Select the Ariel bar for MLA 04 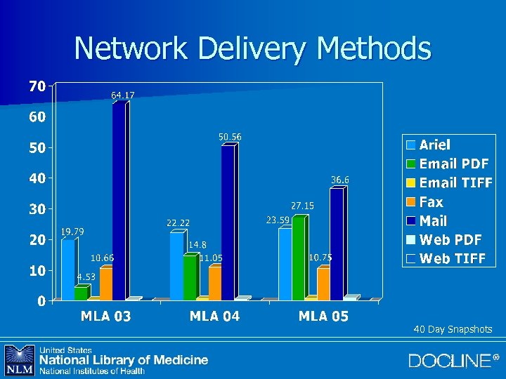click(x=176, y=266)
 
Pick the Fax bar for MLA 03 click(x=105, y=284)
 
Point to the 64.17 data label click(x=123, y=95)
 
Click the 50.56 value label click(x=230, y=136)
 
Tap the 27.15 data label click(x=303, y=206)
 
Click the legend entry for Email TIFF click(x=453, y=183)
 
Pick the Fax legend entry click(x=431, y=202)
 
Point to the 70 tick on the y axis click(x=37, y=86)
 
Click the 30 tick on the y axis click(x=37, y=208)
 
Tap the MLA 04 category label click(x=214, y=317)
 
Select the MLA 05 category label click(x=323, y=317)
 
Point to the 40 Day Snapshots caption click(x=453, y=329)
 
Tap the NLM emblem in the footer click(x=19, y=360)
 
